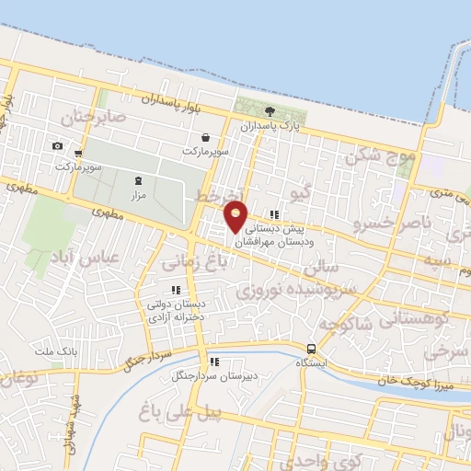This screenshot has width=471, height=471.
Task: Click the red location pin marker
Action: pos(236,216)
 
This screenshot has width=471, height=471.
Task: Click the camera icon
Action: pos(57,146)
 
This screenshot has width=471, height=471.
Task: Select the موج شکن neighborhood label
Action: pos(381,156)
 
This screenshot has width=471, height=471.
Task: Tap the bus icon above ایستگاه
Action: pos(312,350)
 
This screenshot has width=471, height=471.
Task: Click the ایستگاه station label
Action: pos(313,363)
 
